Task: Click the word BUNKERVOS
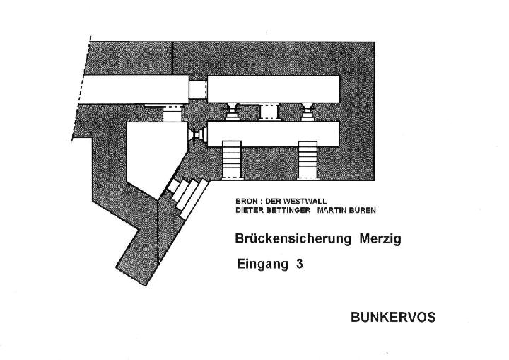coord(393,317)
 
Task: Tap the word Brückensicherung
coord(293,239)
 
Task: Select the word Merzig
coord(380,239)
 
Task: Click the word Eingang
coord(262,264)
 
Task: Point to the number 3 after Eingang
coord(299,264)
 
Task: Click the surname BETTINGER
coord(288,211)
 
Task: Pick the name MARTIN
coord(331,211)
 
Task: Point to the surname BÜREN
coord(362,210)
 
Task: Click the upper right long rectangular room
coord(274,89)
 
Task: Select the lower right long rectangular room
coord(274,134)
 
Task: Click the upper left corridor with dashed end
coord(134,89)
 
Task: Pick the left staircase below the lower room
coord(232,160)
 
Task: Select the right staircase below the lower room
coord(308,160)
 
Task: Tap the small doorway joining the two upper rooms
coord(198,90)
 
